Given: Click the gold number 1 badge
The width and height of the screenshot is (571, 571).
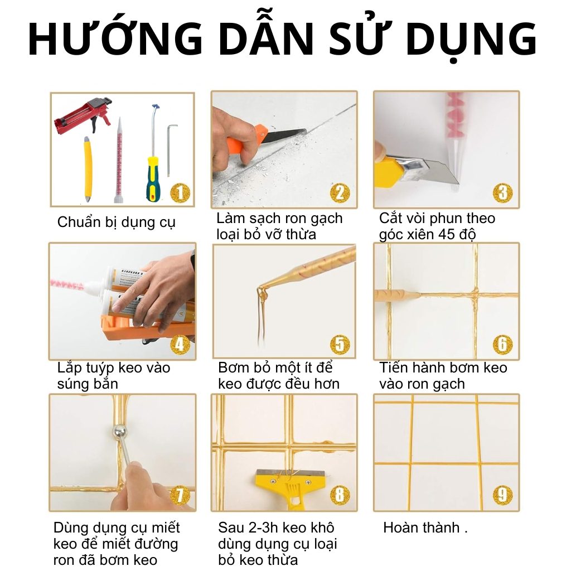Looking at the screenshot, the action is click(180, 193).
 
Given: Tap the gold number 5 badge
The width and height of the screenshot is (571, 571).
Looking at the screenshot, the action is click(340, 345).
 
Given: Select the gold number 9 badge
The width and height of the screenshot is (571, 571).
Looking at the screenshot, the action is click(502, 495).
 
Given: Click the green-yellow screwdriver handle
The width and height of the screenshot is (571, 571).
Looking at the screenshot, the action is click(153, 179).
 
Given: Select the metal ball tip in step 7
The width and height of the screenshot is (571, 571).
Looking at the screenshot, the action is click(120, 432).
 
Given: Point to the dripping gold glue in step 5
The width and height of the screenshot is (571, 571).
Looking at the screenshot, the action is click(262, 313).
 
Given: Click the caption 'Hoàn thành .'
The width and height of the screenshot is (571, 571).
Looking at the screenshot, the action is click(425, 528).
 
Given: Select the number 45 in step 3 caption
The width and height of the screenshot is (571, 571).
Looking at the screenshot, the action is click(446, 234).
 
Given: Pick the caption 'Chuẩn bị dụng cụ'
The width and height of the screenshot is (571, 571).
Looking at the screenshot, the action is click(117, 222).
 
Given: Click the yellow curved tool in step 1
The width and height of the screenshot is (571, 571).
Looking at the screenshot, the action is click(88, 170).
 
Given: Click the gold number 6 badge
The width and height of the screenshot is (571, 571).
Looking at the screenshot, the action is click(502, 345).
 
